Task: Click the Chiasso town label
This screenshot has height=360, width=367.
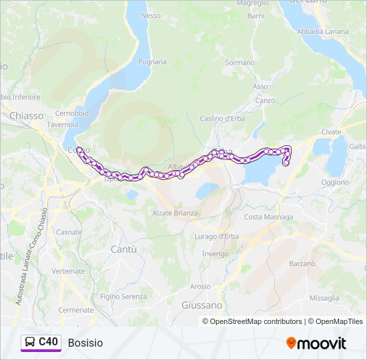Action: (x=26, y=115)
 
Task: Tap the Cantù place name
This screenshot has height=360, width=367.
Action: (x=123, y=249)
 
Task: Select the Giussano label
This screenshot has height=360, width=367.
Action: (x=202, y=305)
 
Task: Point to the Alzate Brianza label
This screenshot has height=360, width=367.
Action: (x=175, y=213)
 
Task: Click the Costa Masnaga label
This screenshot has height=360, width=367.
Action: (x=268, y=217)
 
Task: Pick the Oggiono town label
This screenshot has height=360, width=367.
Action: (x=334, y=182)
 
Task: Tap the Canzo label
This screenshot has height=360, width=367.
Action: (x=265, y=100)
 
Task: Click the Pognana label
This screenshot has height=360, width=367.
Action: (x=152, y=62)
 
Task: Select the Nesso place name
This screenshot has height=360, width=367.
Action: (x=151, y=15)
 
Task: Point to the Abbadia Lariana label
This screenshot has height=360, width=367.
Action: (x=322, y=31)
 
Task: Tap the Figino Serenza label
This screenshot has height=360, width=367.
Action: (x=125, y=296)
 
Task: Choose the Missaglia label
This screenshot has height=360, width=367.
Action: (x=324, y=298)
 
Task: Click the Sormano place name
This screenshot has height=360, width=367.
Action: (x=240, y=63)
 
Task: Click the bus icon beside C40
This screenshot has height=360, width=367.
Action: (x=30, y=342)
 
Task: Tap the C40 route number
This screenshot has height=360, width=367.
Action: (x=49, y=342)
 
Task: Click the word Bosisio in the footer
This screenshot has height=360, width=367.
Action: (x=85, y=343)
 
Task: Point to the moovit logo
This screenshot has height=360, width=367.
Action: (x=316, y=343)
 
